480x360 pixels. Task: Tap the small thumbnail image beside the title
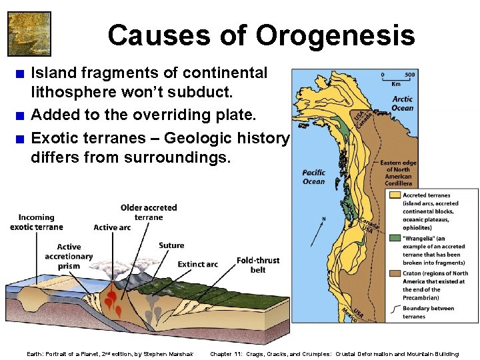point(29,33)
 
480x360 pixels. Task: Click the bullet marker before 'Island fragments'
point(22,73)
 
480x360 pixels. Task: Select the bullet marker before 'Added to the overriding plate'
point(22,117)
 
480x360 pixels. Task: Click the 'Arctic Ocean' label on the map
point(403,103)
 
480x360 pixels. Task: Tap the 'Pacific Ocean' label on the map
point(313,177)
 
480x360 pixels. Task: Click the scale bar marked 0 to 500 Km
point(397,79)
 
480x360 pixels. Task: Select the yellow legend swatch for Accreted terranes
point(393,195)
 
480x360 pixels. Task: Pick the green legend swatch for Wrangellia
point(393,237)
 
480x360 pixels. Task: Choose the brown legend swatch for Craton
point(393,273)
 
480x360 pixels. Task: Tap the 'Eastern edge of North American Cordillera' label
point(398,172)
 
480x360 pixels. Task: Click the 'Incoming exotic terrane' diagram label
point(37,222)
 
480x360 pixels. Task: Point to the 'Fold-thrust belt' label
point(258,265)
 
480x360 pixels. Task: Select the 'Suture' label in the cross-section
point(171,245)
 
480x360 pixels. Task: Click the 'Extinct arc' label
point(198,264)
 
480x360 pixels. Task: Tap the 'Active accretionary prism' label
point(69,256)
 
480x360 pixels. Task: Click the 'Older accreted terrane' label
point(149,212)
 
